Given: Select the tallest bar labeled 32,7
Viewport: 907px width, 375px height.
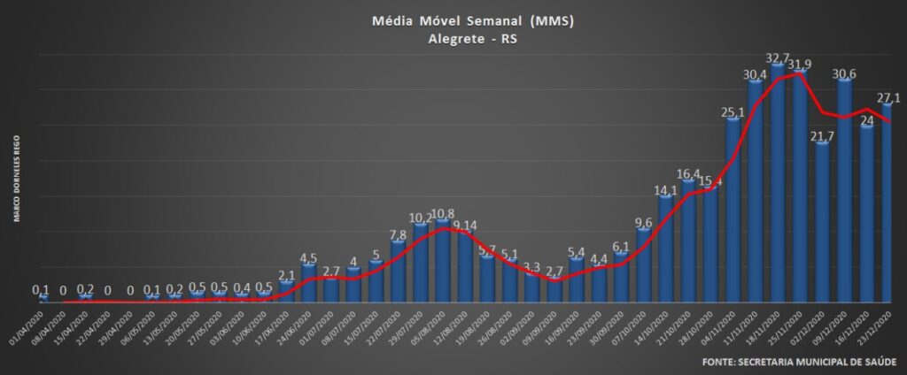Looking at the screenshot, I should point(778,186).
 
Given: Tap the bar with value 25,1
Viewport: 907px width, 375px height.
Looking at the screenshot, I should point(733,212).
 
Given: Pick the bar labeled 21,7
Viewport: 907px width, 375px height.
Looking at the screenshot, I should point(823,226).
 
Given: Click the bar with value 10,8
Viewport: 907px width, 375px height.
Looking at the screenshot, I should point(443,261).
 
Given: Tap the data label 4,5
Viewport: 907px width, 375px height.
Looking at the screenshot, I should point(308,259).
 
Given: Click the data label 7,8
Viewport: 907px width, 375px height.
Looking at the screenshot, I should point(399,235).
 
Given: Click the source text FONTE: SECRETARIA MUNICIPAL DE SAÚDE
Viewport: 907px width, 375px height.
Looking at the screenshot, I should point(798,363).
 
